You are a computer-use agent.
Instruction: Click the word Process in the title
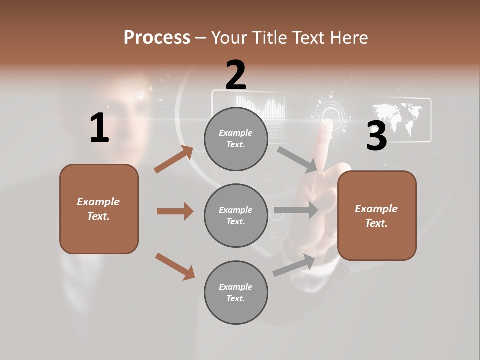tap(157, 37)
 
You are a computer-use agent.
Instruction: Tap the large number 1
tap(99, 128)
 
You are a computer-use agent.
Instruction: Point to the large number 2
tap(236, 75)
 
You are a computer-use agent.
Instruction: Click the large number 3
tap(376, 136)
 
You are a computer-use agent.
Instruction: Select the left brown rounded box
tap(99, 209)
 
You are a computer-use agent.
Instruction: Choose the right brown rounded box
tap(377, 215)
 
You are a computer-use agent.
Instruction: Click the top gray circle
tap(236, 139)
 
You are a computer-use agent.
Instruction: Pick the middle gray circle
tap(236, 215)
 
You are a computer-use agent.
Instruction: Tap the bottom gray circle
tap(236, 292)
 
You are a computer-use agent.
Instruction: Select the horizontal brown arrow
tap(175, 211)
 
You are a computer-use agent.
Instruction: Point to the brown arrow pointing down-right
tap(175, 266)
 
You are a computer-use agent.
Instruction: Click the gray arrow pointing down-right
tap(297, 159)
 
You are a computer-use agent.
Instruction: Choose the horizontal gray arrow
tap(296, 210)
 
